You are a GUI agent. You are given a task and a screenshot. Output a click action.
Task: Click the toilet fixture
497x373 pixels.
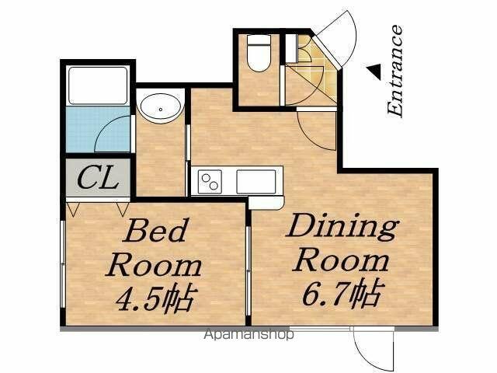[259, 53]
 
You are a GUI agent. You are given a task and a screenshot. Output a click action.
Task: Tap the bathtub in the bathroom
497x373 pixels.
[98, 85]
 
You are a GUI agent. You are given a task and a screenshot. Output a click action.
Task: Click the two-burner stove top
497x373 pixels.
[210, 182]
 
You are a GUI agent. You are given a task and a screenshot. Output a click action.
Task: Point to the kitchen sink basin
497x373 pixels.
[255, 182]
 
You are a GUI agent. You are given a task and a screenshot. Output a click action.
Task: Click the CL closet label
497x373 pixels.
[98, 179]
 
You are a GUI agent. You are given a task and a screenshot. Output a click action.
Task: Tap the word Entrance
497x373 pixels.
[395, 70]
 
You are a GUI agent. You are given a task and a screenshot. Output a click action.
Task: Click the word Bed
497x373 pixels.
[155, 230]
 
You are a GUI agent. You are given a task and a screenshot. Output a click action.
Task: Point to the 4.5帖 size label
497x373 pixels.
[155, 298]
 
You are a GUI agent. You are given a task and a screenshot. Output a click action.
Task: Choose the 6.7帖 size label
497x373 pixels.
[342, 292]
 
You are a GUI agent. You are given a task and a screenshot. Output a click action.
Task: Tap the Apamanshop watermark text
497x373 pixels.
[248, 334]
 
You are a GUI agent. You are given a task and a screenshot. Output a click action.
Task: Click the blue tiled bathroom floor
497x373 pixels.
[98, 130]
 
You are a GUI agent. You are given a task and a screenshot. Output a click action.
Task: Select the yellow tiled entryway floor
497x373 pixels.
[312, 69]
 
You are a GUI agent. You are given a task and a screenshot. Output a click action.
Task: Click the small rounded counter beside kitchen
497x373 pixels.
[266, 202]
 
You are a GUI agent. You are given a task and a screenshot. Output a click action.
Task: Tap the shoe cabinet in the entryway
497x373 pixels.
[291, 48]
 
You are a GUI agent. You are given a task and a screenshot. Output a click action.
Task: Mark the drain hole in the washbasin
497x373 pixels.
[161, 110]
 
